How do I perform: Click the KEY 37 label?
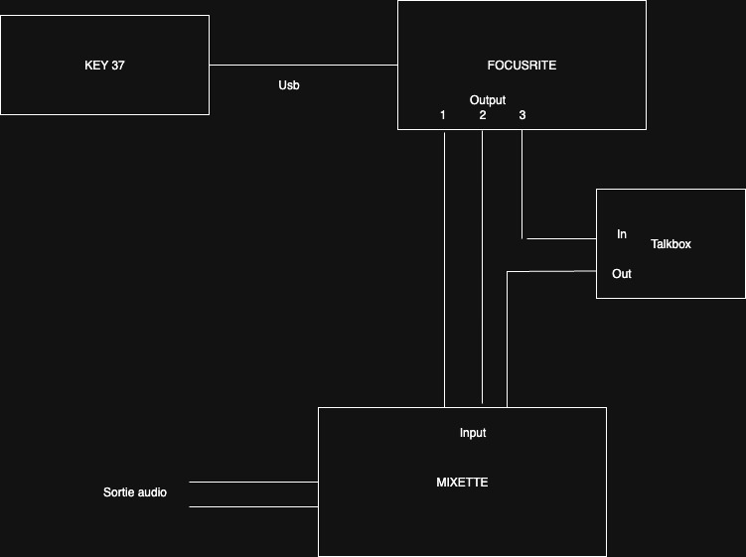click(x=104, y=66)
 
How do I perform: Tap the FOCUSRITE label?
click(x=522, y=66)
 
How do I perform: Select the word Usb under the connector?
click(x=289, y=85)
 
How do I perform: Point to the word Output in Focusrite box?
click(x=488, y=100)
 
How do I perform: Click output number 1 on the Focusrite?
click(x=442, y=114)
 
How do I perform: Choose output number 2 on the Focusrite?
click(x=483, y=114)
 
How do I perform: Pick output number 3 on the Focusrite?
click(x=522, y=114)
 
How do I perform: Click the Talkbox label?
click(x=671, y=244)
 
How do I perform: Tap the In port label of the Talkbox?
click(x=622, y=234)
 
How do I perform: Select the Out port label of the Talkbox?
click(x=622, y=273)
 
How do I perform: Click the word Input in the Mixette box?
click(x=473, y=432)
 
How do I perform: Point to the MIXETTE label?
click(x=462, y=483)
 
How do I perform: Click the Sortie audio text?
click(x=135, y=492)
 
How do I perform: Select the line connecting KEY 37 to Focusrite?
click(x=304, y=65)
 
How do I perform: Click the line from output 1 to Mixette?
click(x=444, y=270)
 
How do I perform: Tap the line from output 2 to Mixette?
click(x=483, y=267)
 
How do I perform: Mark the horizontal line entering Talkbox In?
click(x=561, y=238)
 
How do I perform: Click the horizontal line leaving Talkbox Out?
click(x=551, y=272)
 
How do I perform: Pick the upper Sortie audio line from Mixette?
click(x=253, y=482)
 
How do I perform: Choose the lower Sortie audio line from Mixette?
click(x=253, y=506)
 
